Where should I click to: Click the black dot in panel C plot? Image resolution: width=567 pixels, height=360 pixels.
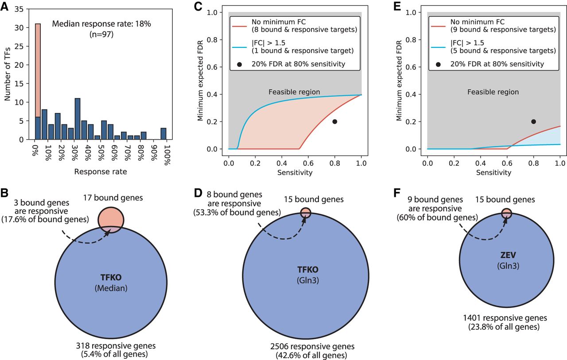tap(334, 121)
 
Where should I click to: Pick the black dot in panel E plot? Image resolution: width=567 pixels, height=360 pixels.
tap(533, 121)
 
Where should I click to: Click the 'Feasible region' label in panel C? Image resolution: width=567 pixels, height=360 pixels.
tap(294, 92)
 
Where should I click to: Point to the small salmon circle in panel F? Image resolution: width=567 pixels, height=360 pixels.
tap(507, 213)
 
